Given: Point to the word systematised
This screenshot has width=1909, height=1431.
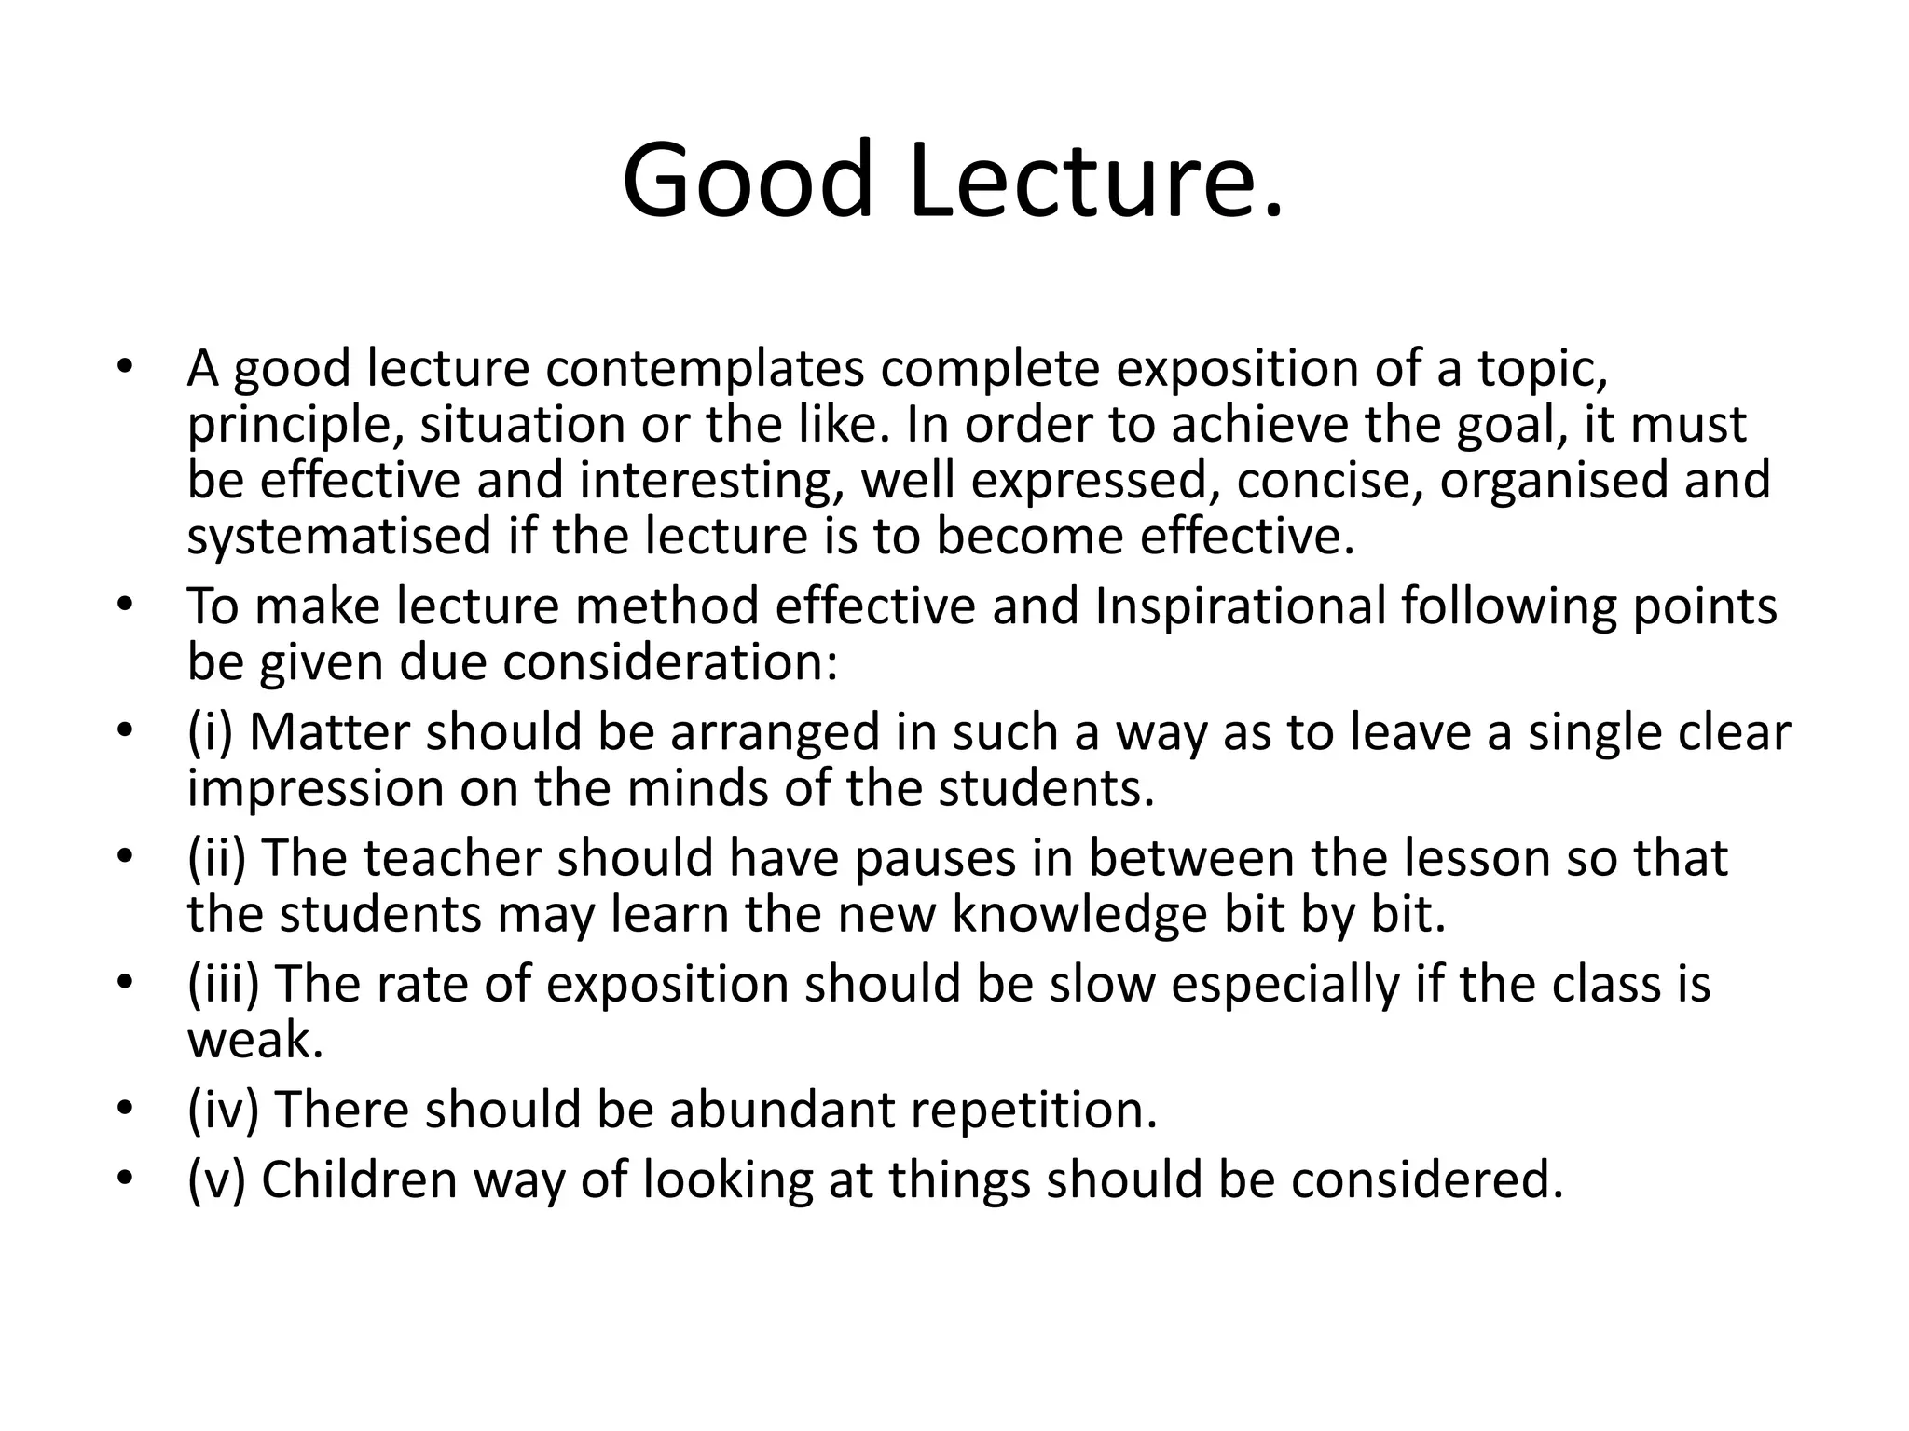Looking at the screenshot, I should [x=338, y=538].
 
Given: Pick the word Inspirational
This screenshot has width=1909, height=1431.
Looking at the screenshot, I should [x=1240, y=606].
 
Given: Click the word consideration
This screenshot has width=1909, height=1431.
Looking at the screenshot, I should [x=670, y=663].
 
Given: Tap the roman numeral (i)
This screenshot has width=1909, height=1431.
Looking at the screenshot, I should [x=210, y=732].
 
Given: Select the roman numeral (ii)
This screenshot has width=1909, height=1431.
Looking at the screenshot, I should [x=216, y=858].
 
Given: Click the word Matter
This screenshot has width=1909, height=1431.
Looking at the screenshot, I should [x=330, y=732].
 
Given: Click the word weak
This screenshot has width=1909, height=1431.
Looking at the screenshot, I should [x=254, y=1041].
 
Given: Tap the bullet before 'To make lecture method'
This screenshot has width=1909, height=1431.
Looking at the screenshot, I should [x=126, y=606].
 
